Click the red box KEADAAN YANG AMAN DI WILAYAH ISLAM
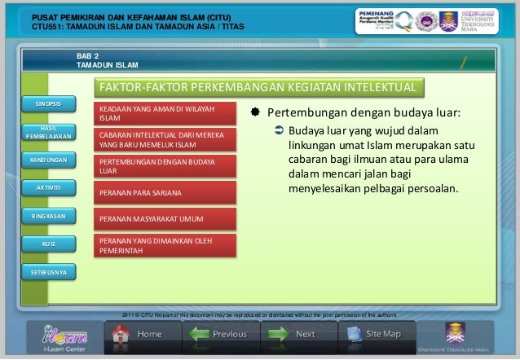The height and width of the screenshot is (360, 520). click(165, 113)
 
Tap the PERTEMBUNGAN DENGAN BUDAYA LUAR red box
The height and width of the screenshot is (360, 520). click(165, 167)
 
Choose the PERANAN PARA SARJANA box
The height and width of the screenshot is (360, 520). click(165, 193)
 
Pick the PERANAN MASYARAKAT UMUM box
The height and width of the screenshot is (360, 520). click(165, 219)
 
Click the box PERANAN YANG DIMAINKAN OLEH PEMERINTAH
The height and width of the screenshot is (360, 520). click(165, 246)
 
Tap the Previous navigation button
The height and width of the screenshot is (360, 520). click(218, 335)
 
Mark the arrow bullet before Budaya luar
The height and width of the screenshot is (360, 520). click(279, 131)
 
